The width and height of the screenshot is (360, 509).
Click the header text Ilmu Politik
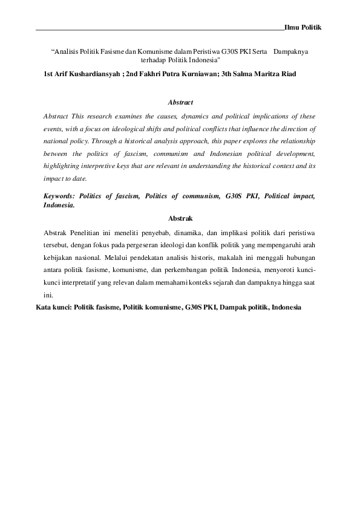pos(303,28)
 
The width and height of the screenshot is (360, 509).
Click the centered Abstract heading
pos(180,102)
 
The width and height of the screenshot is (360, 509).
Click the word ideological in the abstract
pos(149,129)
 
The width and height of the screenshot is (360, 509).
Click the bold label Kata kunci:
pos(54,307)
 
